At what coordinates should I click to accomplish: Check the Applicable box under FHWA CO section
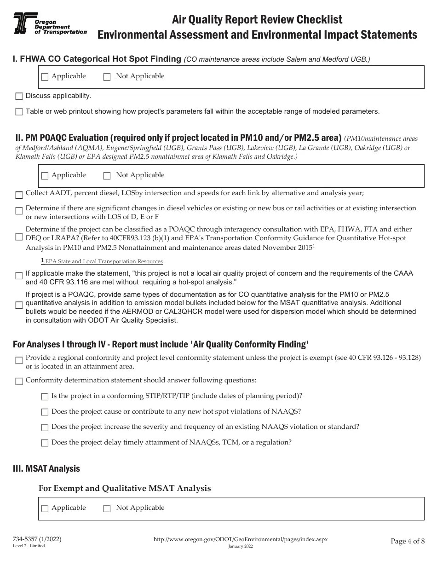[x=45, y=77]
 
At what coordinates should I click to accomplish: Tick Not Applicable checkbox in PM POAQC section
[x=107, y=176]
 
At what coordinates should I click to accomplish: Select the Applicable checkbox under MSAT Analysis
[x=45, y=508]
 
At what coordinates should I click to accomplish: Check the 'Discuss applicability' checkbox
[x=19, y=96]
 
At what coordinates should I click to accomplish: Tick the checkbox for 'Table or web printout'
[x=19, y=112]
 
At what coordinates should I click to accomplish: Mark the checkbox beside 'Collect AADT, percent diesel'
[x=19, y=195]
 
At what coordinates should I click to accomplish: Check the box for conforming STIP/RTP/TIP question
[x=45, y=397]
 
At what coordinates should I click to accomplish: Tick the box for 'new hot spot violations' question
[x=45, y=412]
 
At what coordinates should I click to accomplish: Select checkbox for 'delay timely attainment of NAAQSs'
[x=45, y=443]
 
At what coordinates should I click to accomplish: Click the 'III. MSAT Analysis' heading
[x=46, y=468]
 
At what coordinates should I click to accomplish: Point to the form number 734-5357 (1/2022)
[x=37, y=539]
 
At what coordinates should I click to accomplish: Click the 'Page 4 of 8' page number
[x=408, y=541]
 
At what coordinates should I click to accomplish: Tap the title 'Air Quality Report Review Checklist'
[x=257, y=19]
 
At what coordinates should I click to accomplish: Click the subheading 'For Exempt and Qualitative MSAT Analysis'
[x=125, y=488]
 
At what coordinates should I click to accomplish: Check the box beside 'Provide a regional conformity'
[x=19, y=361]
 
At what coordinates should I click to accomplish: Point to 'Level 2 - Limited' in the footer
[x=29, y=546]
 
